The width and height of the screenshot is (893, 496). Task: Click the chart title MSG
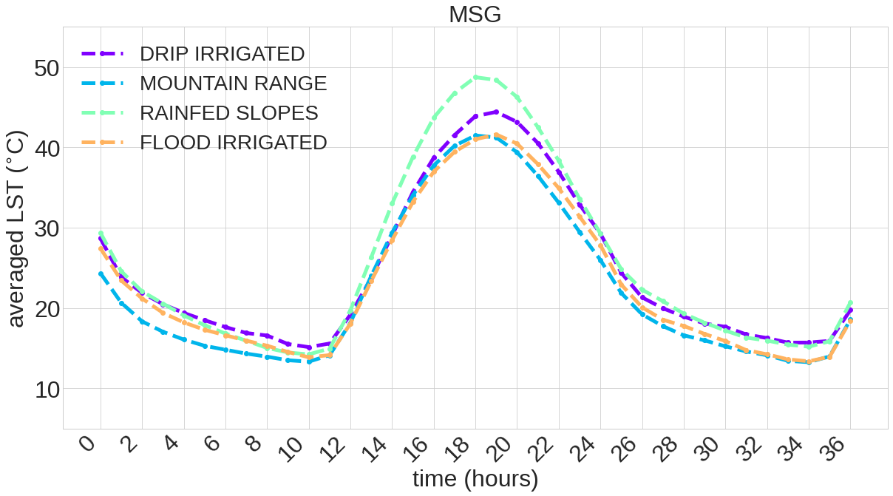click(x=475, y=14)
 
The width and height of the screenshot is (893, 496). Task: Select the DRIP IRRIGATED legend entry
click(x=222, y=54)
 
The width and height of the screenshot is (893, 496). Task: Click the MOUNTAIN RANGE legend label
click(x=233, y=84)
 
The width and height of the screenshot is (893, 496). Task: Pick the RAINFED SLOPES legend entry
click(x=228, y=113)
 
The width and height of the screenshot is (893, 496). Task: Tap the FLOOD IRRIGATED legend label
click(x=233, y=143)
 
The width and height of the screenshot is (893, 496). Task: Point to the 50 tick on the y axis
click(x=49, y=68)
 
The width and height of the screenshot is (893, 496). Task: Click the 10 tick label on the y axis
click(x=49, y=389)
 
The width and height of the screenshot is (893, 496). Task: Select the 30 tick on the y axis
click(x=49, y=228)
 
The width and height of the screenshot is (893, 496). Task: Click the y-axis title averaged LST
click(x=16, y=228)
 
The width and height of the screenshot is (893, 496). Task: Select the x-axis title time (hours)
click(x=475, y=479)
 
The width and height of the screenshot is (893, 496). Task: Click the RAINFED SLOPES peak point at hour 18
click(x=475, y=77)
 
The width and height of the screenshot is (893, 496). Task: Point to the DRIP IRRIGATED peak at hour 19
click(x=496, y=112)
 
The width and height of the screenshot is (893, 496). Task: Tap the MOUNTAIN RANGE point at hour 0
click(x=101, y=274)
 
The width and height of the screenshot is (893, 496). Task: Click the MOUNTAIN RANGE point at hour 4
click(x=184, y=339)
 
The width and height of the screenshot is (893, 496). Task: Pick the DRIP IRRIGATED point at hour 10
click(x=309, y=347)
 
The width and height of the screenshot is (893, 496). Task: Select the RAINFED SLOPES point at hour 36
click(x=850, y=302)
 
